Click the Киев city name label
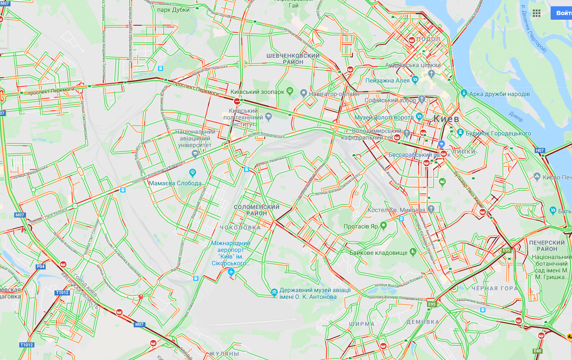(x=446, y=119)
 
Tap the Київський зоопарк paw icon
(x=290, y=91)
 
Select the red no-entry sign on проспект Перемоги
(x=237, y=101)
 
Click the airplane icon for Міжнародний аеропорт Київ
(x=231, y=272)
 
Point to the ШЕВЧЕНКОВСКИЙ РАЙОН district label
(x=293, y=59)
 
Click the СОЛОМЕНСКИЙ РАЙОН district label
(x=256, y=210)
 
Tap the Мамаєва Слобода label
(x=175, y=183)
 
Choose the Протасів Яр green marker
(x=383, y=226)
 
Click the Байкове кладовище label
(x=378, y=253)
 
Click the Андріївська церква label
(x=413, y=65)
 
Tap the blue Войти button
(x=562, y=13)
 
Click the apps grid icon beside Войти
(x=537, y=13)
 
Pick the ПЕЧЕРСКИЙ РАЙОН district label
(x=547, y=246)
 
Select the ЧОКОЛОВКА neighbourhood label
(x=240, y=228)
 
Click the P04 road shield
(x=41, y=266)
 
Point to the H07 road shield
(x=540, y=150)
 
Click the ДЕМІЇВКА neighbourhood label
(x=423, y=322)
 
